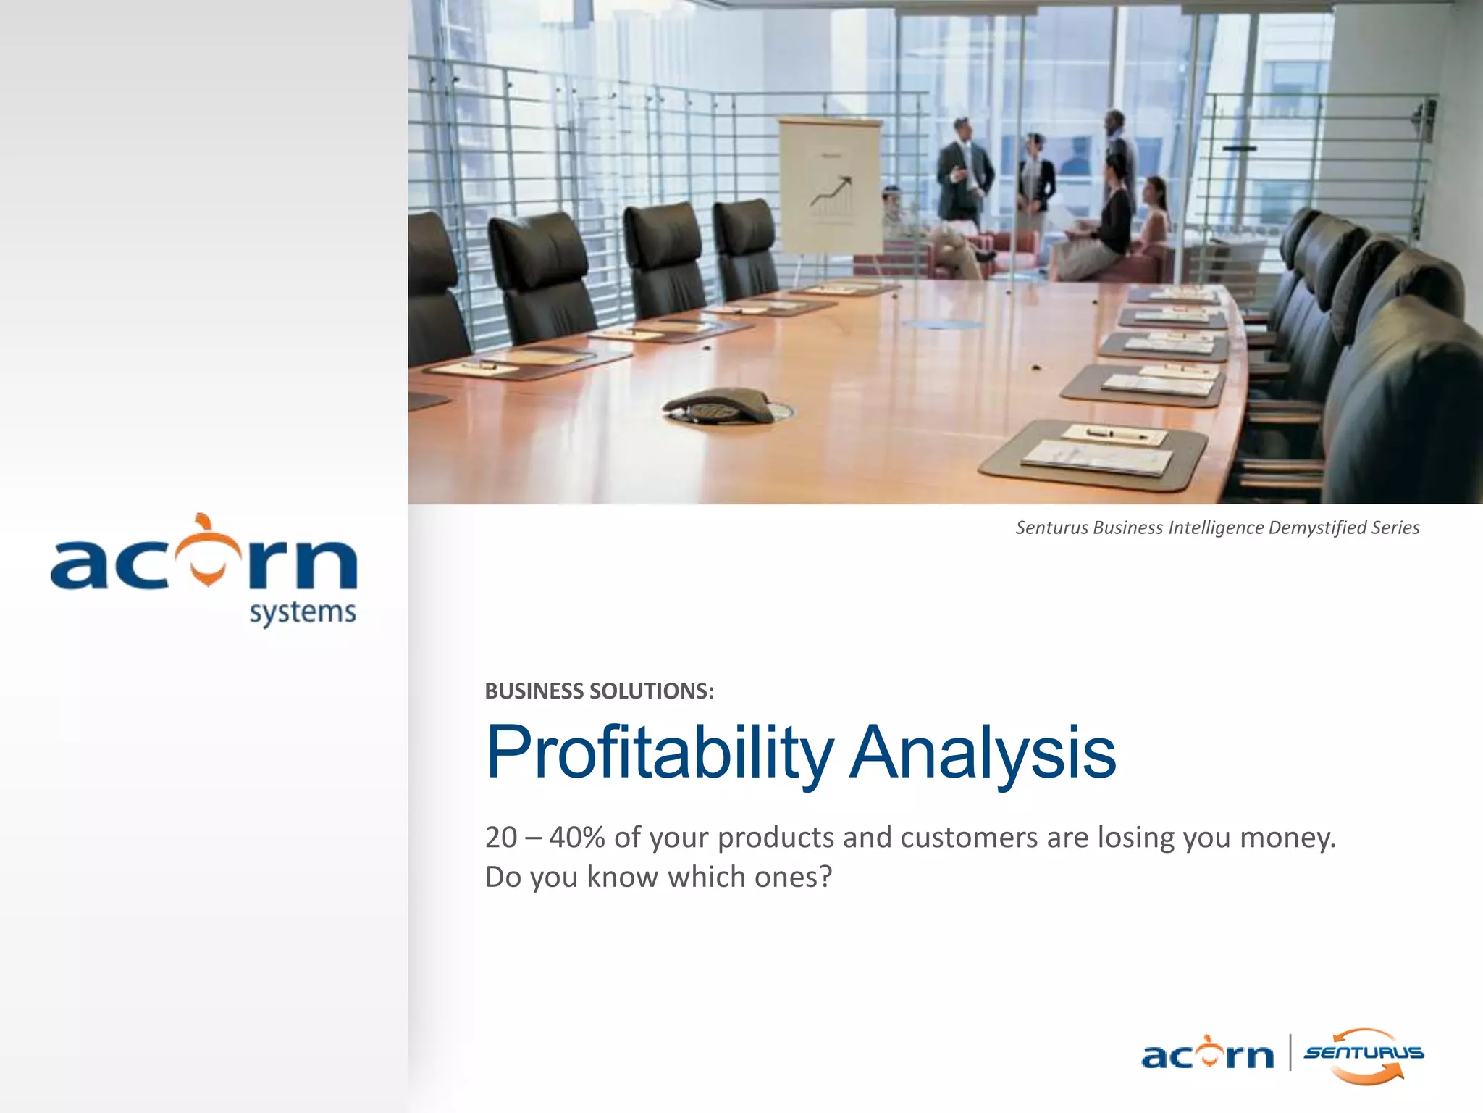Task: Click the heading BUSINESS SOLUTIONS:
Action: click(x=599, y=691)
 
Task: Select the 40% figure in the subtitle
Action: click(x=576, y=838)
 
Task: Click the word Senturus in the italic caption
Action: click(x=1051, y=528)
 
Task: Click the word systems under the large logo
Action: click(x=303, y=613)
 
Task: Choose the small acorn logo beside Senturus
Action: click(x=1207, y=1054)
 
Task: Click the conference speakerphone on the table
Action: click(x=718, y=407)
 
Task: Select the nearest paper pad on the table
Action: click(x=1097, y=457)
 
